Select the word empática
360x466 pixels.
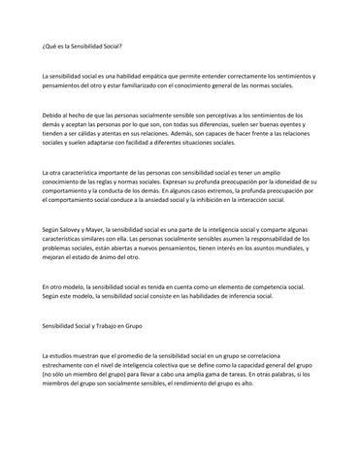pos(168,75)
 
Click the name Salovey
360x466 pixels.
pos(76,231)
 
